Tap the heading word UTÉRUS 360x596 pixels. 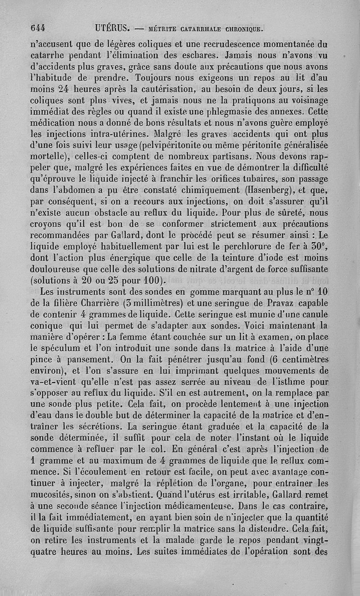click(113, 27)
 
